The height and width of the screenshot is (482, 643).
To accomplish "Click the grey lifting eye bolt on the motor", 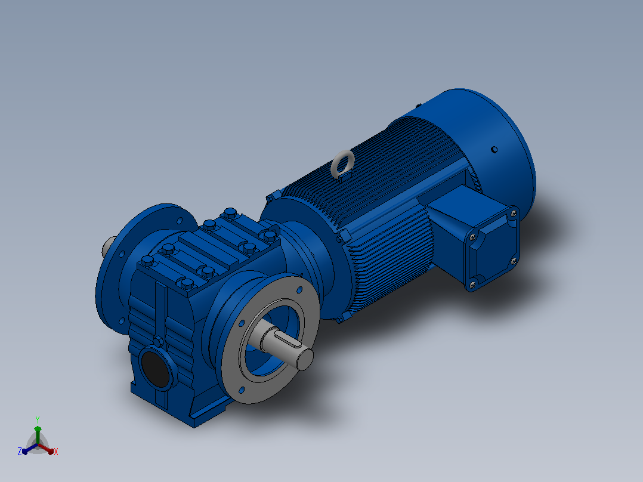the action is point(342,164).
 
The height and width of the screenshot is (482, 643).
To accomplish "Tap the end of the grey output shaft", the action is point(305,359).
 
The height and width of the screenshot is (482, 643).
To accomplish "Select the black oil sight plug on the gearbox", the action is point(156,368).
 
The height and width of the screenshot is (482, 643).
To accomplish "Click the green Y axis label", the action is point(38,419).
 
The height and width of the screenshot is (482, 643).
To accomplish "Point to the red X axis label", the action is point(56,452).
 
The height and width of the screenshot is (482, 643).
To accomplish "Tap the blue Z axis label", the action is point(20,451).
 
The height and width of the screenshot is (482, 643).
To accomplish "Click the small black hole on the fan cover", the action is point(494,149).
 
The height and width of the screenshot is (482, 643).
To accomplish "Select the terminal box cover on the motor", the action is point(492,249).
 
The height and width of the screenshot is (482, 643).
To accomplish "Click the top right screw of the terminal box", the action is point(514,214).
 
